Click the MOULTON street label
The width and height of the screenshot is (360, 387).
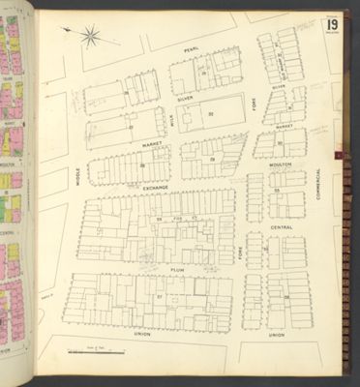(282, 165)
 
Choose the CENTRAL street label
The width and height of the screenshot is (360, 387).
(282, 228)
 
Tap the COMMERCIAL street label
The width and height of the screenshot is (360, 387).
(317, 184)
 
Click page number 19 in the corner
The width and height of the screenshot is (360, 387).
(333, 23)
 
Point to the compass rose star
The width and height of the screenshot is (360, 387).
(90, 38)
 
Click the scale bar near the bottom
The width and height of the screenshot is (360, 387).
(94, 345)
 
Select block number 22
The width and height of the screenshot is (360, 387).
(210, 114)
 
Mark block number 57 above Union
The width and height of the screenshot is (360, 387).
(159, 298)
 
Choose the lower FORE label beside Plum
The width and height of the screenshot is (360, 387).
(240, 254)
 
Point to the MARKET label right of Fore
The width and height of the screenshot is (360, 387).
(284, 126)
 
